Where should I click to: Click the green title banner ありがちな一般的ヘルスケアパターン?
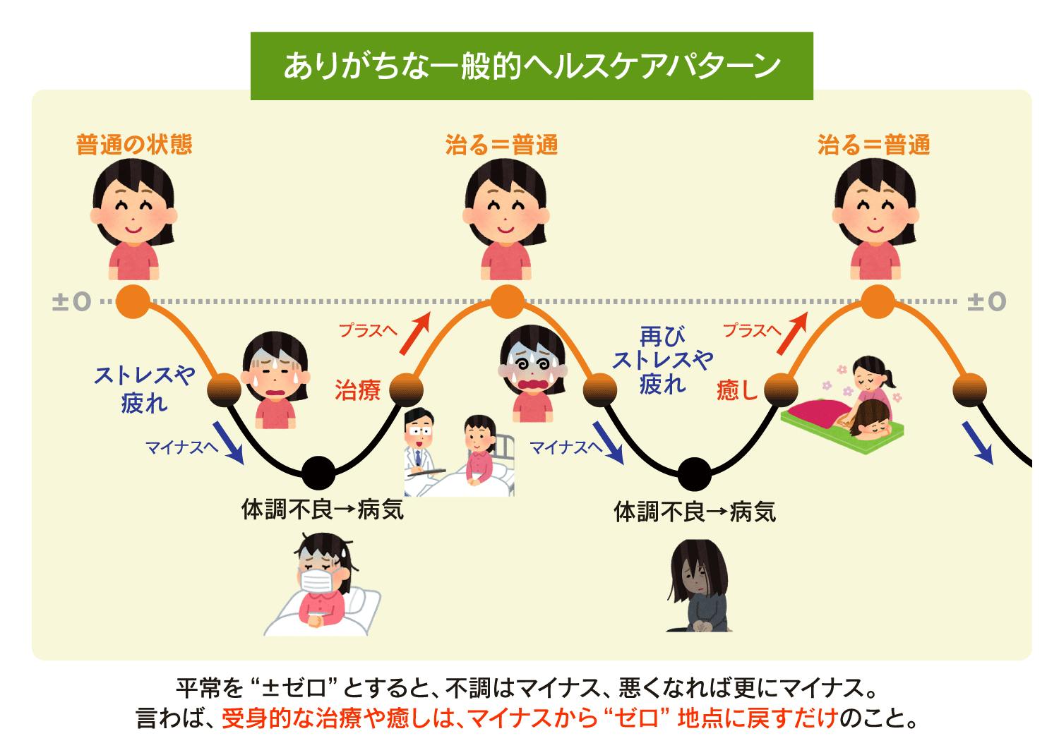coord(532,66)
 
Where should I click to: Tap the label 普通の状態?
coord(134,145)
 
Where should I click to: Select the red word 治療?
coord(358,390)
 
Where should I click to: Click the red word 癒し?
coord(736,390)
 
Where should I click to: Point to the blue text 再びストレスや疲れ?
coord(662,359)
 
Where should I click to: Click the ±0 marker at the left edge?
coord(72,301)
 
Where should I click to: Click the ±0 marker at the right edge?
coord(986,301)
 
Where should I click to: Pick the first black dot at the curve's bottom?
coord(318,471)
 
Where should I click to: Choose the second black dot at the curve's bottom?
coord(694,474)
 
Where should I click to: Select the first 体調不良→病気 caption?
coord(323,509)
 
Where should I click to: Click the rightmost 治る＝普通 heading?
coord(873,145)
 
